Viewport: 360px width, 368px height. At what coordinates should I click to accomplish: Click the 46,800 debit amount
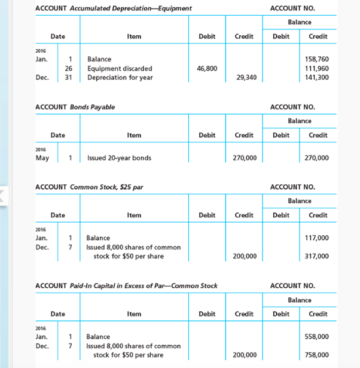[207, 69]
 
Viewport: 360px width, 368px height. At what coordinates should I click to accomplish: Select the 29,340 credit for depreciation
[246, 78]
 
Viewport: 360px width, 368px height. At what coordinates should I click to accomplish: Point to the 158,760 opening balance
[317, 59]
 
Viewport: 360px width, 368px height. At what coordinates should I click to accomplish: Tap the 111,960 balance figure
[317, 69]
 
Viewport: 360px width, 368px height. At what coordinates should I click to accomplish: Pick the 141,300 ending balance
[317, 78]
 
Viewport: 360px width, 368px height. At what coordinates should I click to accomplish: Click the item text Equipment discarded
[120, 69]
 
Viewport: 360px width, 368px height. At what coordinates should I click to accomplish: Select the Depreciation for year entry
[120, 78]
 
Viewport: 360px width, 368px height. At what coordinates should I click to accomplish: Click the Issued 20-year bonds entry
[119, 158]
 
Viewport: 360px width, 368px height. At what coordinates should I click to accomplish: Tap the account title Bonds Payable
[93, 107]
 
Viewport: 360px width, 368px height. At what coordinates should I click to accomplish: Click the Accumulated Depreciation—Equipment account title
[131, 8]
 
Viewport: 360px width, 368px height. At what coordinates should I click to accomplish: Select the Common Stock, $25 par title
[106, 187]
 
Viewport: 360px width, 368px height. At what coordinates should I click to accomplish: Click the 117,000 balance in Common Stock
[317, 238]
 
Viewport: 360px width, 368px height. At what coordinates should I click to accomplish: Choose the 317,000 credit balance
[317, 256]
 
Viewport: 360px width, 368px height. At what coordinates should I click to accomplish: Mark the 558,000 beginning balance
[317, 337]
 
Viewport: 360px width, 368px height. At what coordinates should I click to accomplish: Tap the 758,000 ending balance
[317, 355]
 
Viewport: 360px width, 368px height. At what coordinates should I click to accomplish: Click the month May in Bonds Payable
[42, 158]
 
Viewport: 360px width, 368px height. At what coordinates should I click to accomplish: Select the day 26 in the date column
[69, 69]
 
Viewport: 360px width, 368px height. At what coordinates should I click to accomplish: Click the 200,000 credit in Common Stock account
[245, 256]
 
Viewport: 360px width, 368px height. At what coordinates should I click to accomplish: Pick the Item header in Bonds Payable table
[134, 135]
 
